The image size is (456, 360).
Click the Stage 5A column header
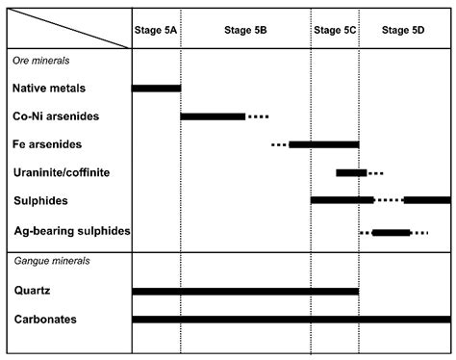pos(155,30)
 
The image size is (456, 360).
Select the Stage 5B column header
pos(245,30)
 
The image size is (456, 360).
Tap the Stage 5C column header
pos(335,30)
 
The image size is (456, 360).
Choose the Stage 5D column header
pos(403,30)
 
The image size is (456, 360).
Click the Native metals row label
pos(49,89)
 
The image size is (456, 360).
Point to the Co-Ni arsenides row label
pos(56,116)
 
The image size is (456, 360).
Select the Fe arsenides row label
pos(47,144)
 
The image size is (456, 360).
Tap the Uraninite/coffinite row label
pos(62,172)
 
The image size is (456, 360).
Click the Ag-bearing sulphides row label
pos(72,232)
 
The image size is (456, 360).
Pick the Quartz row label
pos(32,291)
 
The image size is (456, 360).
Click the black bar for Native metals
pos(156,89)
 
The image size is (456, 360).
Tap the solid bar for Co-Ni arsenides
pos(213,116)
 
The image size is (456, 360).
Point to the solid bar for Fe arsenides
pos(323,144)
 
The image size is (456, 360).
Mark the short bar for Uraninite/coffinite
pos(351,172)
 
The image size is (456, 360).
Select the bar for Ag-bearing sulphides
pos(391,232)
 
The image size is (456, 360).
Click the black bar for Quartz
pos(245,291)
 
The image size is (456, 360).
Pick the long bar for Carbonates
pos(291,319)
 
